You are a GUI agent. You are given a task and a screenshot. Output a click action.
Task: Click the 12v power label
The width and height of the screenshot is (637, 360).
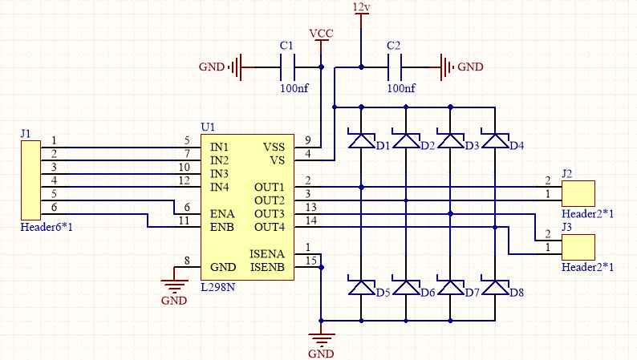(361, 7)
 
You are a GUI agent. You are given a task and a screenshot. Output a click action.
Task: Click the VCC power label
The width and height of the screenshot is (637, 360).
(321, 34)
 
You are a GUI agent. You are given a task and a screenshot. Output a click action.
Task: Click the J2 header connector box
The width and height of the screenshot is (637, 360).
(578, 193)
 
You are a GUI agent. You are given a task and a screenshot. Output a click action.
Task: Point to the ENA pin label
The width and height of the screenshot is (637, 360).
(222, 214)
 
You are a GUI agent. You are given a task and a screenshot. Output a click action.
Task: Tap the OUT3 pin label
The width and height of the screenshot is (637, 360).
(270, 214)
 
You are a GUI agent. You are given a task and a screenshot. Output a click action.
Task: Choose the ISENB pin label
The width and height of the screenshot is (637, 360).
(267, 266)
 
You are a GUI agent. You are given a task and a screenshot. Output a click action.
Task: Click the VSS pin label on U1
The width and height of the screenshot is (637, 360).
(274, 148)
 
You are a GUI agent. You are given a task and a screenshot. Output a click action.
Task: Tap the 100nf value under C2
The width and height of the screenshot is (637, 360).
(401, 88)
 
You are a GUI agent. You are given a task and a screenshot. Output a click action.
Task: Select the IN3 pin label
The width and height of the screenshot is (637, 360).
(220, 174)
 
